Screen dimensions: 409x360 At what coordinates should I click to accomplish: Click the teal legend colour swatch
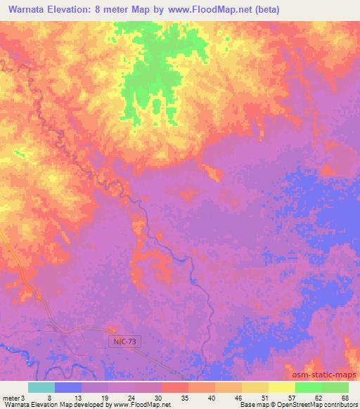pyautogui.click(x=41, y=387)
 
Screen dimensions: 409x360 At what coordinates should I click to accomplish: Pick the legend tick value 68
pyautogui.click(x=345, y=398)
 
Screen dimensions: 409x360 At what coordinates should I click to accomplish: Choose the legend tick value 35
pyautogui.click(x=186, y=398)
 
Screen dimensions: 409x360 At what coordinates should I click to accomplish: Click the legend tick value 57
pyautogui.click(x=290, y=398)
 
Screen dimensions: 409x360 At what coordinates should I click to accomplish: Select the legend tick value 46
pyautogui.click(x=238, y=398)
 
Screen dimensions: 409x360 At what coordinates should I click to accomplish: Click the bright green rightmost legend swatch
pyautogui.click(x=335, y=387)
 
